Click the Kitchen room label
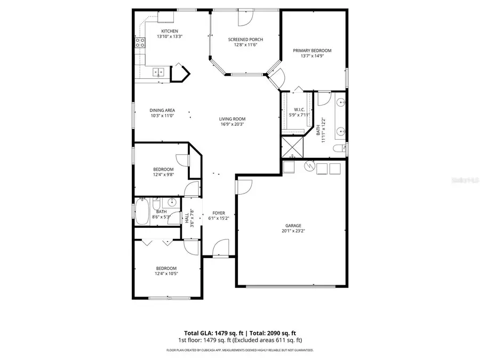click(x=166, y=31)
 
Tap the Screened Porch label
click(x=245, y=39)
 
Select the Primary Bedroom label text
click(x=312, y=51)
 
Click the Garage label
click(x=293, y=225)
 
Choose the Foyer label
click(x=219, y=212)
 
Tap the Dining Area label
click(x=163, y=110)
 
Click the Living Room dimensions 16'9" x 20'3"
click(x=232, y=124)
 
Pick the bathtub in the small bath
click(x=143, y=212)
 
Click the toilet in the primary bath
click(x=338, y=148)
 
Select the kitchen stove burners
click(x=140, y=43)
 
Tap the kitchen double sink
click(x=158, y=71)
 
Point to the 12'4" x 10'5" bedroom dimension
click(x=166, y=273)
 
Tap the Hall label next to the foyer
click(x=187, y=217)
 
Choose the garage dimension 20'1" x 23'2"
click(x=293, y=231)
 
